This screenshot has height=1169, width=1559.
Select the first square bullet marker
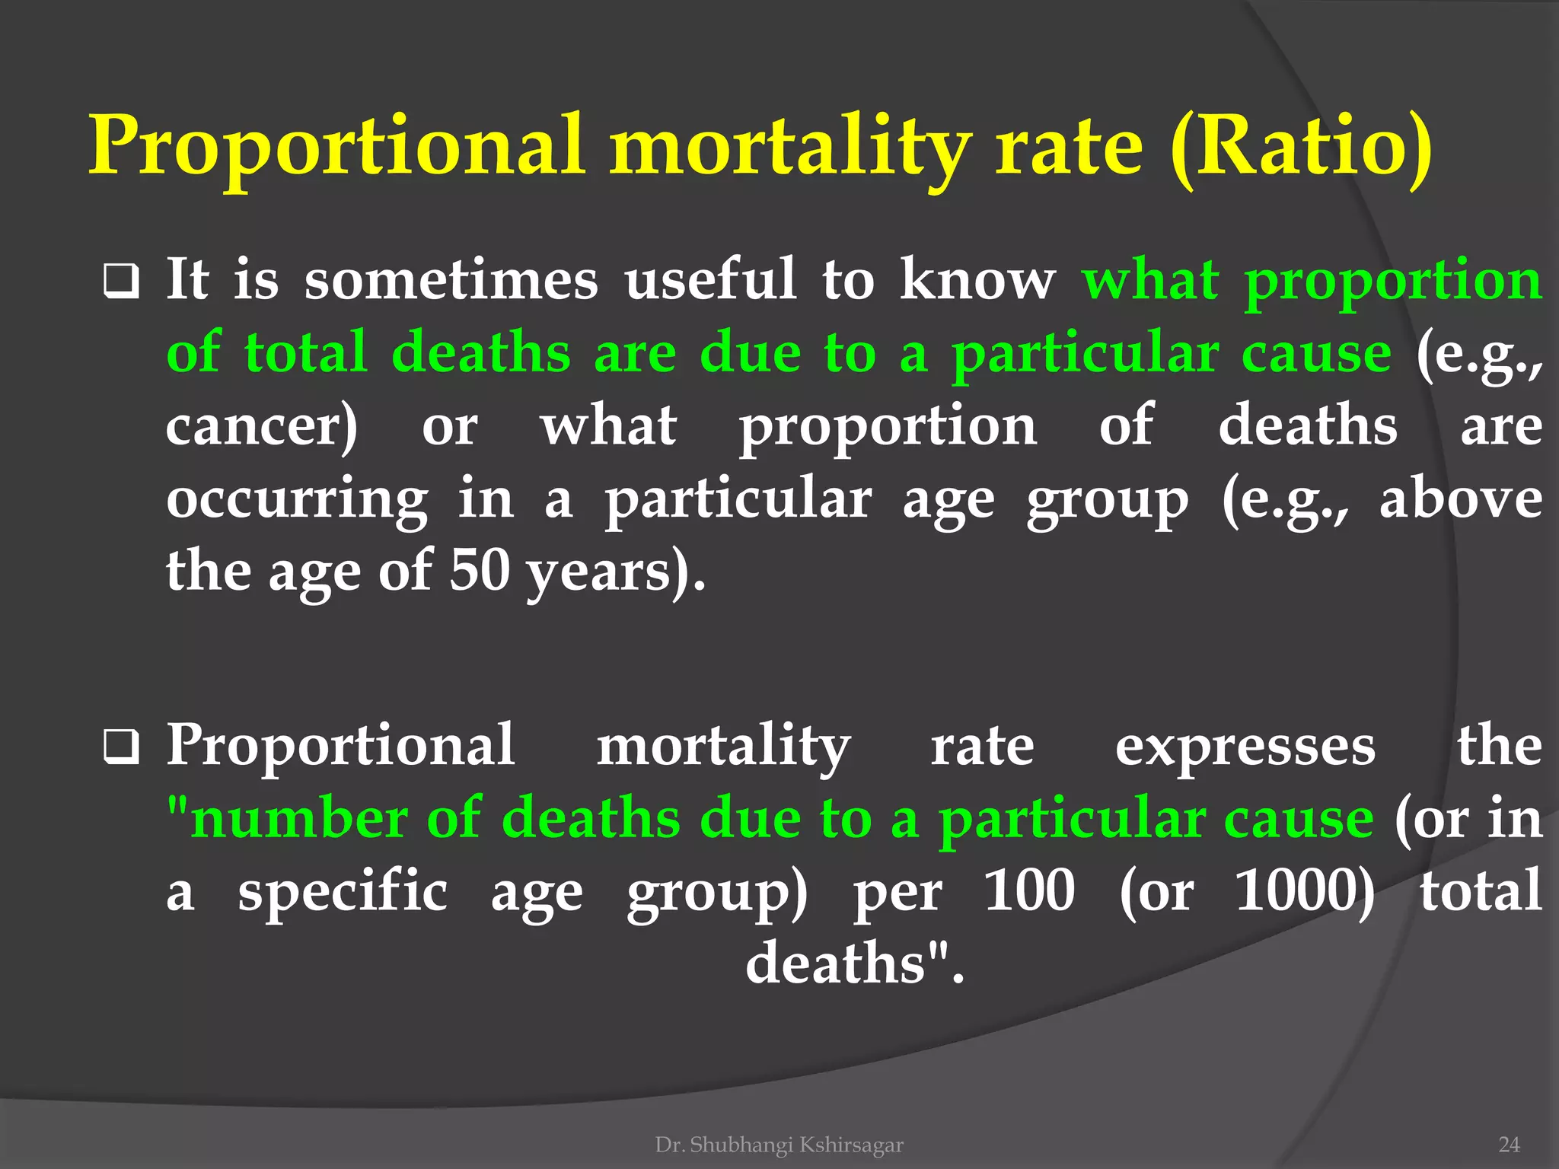click(x=121, y=282)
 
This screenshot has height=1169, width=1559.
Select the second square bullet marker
click(x=121, y=747)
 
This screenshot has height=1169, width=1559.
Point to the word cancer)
click(x=261, y=426)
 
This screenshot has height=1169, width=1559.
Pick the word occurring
click(x=297, y=501)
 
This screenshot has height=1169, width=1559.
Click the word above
click(x=1460, y=499)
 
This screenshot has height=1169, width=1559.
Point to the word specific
click(x=343, y=892)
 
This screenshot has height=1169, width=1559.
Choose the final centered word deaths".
click(x=854, y=964)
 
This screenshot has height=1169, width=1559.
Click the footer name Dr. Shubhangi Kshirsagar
click(x=779, y=1145)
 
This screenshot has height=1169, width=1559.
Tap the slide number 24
click(x=1508, y=1145)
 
